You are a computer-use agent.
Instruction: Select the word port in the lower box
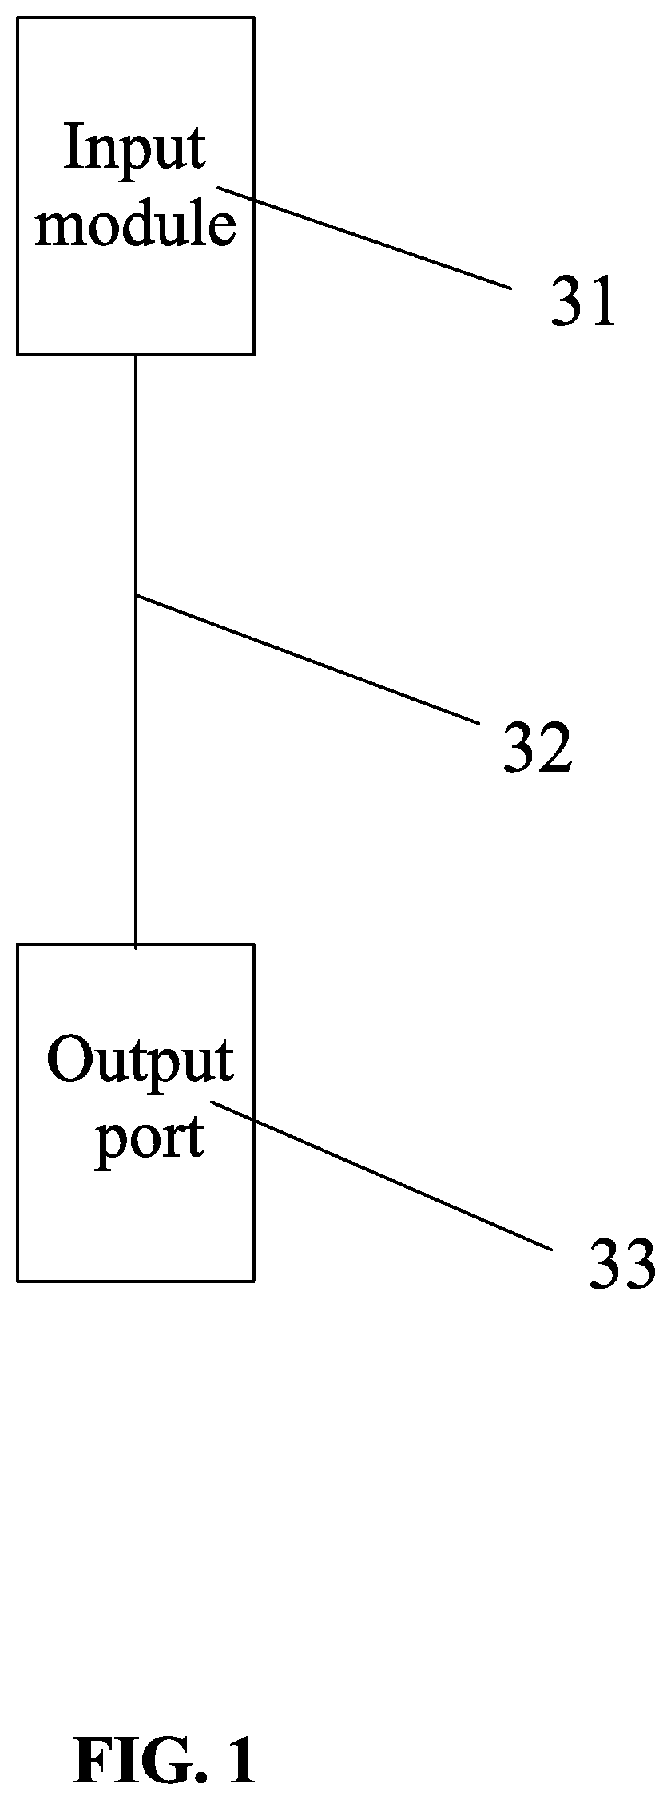tap(149, 1139)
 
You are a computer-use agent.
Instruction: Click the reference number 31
tap(584, 300)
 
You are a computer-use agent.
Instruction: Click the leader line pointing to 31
tap(364, 238)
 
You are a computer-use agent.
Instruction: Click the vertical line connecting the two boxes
tap(136, 650)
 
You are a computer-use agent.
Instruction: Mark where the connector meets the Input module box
tap(136, 354)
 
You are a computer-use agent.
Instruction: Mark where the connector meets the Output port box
tap(136, 945)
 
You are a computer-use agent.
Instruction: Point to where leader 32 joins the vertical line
tap(137, 594)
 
